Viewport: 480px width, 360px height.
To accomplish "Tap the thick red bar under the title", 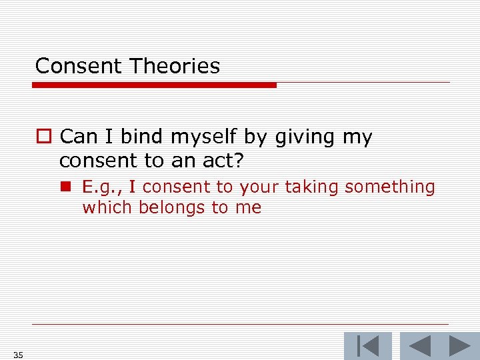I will coord(155,85).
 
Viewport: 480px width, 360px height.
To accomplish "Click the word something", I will coord(390,187).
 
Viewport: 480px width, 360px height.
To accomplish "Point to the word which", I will coord(107,207).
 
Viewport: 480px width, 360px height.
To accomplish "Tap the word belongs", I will coord(172,207).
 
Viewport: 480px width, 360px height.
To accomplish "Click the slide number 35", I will coord(17,355).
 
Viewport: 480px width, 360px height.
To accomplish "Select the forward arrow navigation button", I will coord(460,346).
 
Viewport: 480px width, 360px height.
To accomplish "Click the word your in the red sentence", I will coord(259,187).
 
